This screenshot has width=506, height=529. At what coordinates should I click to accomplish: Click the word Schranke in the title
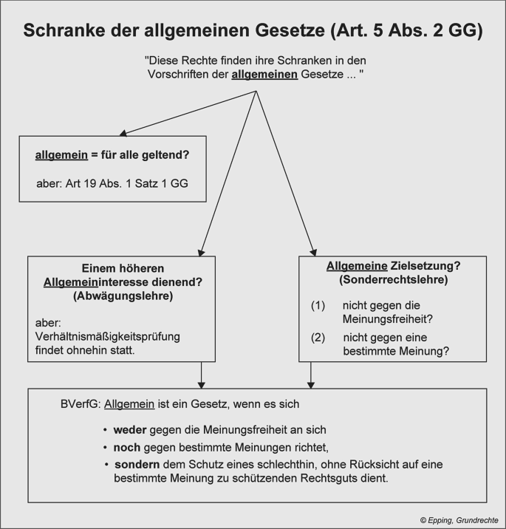coord(64,30)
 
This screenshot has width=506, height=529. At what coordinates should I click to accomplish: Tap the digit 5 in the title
coord(378,30)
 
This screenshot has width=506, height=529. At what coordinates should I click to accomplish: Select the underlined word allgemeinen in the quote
coord(264,74)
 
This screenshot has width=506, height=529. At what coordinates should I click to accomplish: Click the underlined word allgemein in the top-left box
coord(61,155)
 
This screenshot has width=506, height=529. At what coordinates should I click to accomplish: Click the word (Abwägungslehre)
coord(123,296)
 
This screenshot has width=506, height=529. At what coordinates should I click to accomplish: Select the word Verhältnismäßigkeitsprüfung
coord(108,337)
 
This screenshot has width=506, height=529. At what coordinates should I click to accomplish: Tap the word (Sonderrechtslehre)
coord(393,280)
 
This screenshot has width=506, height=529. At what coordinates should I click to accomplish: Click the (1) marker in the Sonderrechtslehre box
coord(318,306)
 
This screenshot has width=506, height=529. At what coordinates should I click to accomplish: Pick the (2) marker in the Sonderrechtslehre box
coord(318,338)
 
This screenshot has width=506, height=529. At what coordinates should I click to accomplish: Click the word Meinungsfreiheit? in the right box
coord(388,319)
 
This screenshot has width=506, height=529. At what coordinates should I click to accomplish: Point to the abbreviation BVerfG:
coord(81,404)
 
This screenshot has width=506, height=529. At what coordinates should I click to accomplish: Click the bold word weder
coord(130,430)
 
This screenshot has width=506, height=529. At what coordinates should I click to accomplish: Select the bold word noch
coord(127,448)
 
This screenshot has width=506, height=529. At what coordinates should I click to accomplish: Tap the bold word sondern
coord(137,465)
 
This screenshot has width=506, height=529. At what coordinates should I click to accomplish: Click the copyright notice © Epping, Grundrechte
coord(459,520)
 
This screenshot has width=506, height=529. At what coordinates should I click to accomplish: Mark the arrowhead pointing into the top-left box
coord(123,133)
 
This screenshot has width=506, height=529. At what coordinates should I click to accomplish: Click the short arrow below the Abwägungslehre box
coord(202,375)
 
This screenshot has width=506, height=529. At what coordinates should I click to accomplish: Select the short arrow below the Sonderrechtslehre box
coord(311,375)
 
